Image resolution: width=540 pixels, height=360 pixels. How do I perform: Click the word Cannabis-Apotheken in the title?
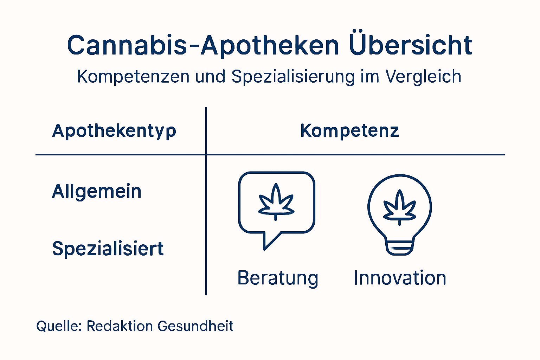pyautogui.click(x=203, y=45)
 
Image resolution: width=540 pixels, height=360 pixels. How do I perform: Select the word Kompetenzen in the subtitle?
pyautogui.click(x=133, y=77)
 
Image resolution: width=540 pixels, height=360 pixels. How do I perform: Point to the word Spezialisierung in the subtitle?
pyautogui.click(x=293, y=77)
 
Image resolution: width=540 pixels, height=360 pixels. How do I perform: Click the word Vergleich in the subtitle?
pyautogui.click(x=423, y=77)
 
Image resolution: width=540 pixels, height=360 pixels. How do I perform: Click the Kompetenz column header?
pyautogui.click(x=349, y=131)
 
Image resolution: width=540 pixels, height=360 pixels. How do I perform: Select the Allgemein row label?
pyautogui.click(x=97, y=192)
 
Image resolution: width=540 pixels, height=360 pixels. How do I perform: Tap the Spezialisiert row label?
pyautogui.click(x=108, y=249)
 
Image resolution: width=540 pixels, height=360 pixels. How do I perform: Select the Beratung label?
pyautogui.click(x=278, y=278)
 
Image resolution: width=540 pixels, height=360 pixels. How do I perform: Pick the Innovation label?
pyautogui.click(x=400, y=278)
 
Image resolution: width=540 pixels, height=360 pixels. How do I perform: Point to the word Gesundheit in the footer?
pyautogui.click(x=195, y=326)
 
